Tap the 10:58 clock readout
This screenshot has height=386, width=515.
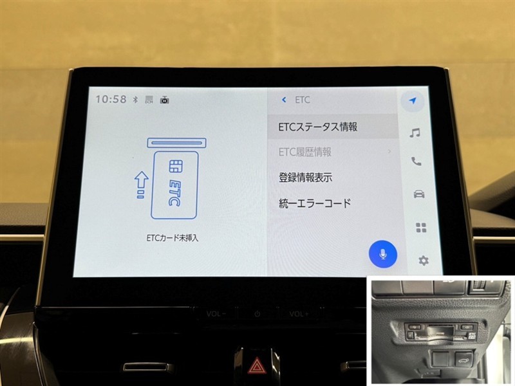click(111, 99)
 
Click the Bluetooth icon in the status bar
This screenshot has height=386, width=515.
click(135, 100)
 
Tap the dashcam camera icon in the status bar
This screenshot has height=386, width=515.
click(165, 100)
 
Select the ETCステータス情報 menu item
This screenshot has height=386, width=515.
click(317, 127)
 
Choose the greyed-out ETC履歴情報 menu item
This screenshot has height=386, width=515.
click(304, 152)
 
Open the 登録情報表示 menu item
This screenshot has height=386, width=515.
click(305, 178)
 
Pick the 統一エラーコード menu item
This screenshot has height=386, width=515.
click(315, 203)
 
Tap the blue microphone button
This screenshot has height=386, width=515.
click(383, 254)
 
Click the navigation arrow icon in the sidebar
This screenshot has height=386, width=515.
click(413, 100)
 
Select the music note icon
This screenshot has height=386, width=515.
click(415, 133)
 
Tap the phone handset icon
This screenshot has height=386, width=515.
click(417, 161)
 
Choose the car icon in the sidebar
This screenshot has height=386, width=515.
click(419, 194)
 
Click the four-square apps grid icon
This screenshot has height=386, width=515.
click(421, 228)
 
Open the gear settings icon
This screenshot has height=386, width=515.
click(424, 261)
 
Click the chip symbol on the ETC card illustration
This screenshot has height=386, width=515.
click(176, 167)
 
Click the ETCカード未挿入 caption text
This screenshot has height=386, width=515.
click(173, 237)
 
